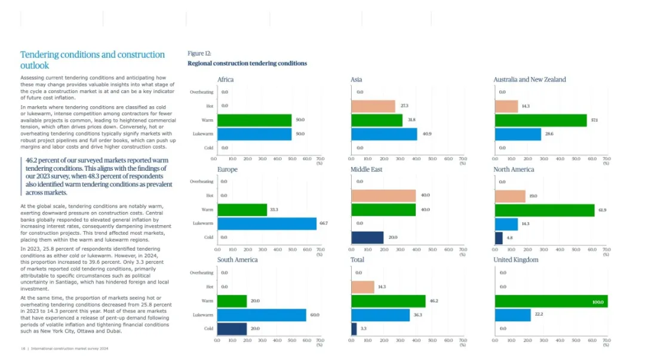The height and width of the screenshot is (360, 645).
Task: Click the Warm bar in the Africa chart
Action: click(x=254, y=120)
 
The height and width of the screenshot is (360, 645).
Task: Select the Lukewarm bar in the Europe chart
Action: click(x=266, y=223)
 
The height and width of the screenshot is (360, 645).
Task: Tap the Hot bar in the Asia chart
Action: click(x=373, y=106)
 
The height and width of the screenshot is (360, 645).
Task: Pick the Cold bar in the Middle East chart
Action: click(x=367, y=237)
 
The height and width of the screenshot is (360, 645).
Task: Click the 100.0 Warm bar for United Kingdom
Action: click(x=551, y=301)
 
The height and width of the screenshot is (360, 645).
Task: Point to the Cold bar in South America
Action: click(x=232, y=328)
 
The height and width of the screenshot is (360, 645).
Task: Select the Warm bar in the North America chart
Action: click(x=545, y=210)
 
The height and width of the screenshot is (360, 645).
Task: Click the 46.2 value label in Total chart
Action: click(x=434, y=301)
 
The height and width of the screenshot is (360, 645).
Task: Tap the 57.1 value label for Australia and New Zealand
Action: click(x=595, y=120)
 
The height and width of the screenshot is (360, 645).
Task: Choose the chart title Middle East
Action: click(x=367, y=170)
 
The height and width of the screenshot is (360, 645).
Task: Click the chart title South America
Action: click(x=238, y=260)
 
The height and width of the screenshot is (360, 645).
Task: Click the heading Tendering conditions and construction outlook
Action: click(x=92, y=60)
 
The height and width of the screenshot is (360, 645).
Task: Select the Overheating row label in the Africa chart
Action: click(x=201, y=92)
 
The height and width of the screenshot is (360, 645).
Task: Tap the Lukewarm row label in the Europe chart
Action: click(x=203, y=223)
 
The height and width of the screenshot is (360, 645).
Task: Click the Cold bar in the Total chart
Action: click(x=354, y=328)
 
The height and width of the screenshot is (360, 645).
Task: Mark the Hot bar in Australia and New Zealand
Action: click(x=506, y=106)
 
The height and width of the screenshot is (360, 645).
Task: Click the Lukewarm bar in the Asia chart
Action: click(x=384, y=134)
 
